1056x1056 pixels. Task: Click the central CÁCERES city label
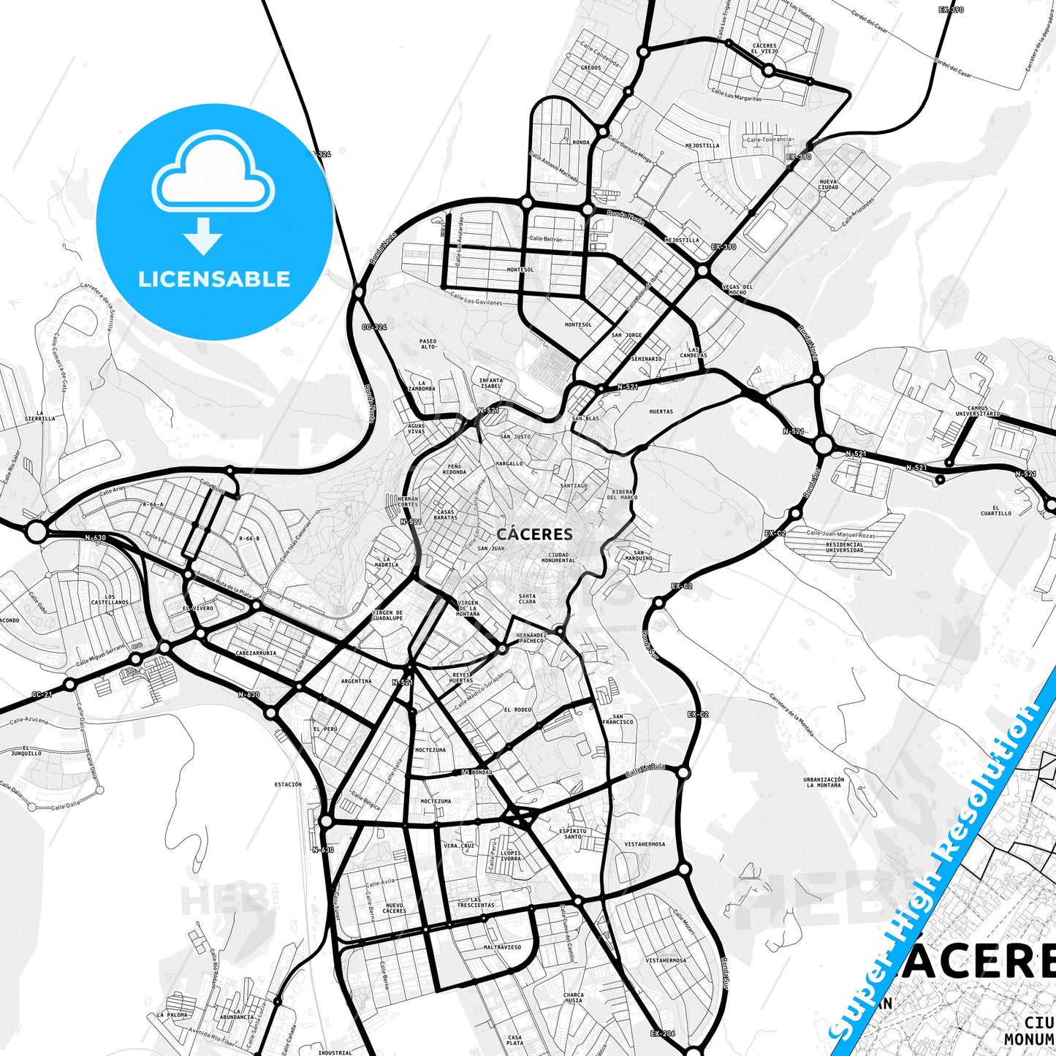(x=534, y=534)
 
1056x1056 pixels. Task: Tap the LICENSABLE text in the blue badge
(x=214, y=278)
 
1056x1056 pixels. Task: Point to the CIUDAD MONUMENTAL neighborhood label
(x=558, y=558)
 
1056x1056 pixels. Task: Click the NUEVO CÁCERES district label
(x=394, y=908)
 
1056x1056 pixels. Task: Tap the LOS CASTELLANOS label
(x=110, y=600)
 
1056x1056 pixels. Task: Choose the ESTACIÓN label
(x=288, y=784)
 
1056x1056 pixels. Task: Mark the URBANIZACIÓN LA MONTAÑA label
(x=824, y=782)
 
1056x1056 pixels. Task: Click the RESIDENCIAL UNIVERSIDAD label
(x=844, y=547)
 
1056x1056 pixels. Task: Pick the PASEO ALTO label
(x=428, y=343)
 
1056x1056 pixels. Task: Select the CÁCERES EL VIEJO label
(x=764, y=49)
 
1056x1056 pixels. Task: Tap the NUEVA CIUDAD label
(x=828, y=184)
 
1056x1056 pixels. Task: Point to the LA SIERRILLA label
(x=45, y=417)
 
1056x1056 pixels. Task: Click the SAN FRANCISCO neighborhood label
(x=618, y=719)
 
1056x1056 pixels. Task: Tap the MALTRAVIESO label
(x=502, y=947)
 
